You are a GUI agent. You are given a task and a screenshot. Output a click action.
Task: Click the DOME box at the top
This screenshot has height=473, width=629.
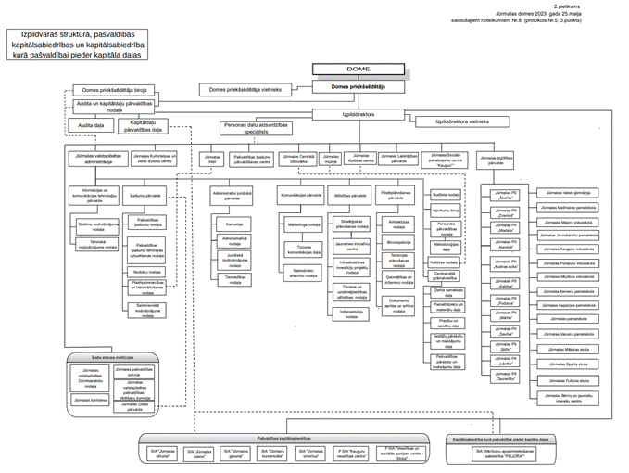click(x=357, y=70)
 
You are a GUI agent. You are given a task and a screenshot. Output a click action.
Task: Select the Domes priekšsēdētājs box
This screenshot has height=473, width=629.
click(x=357, y=86)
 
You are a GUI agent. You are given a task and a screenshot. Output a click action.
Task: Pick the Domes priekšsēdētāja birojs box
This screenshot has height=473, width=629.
click(x=114, y=91)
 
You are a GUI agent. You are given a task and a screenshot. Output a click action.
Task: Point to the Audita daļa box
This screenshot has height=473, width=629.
click(x=91, y=124)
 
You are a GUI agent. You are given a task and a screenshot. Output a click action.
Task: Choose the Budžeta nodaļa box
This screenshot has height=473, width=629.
click(x=447, y=195)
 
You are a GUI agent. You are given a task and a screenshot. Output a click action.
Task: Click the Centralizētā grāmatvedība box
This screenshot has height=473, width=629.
click(x=447, y=275)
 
